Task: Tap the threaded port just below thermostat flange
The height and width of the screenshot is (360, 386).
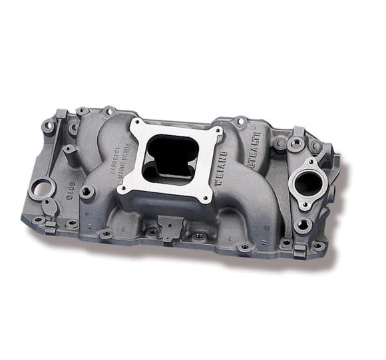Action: [302, 225]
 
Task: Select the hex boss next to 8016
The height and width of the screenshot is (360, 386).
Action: [87, 192]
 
